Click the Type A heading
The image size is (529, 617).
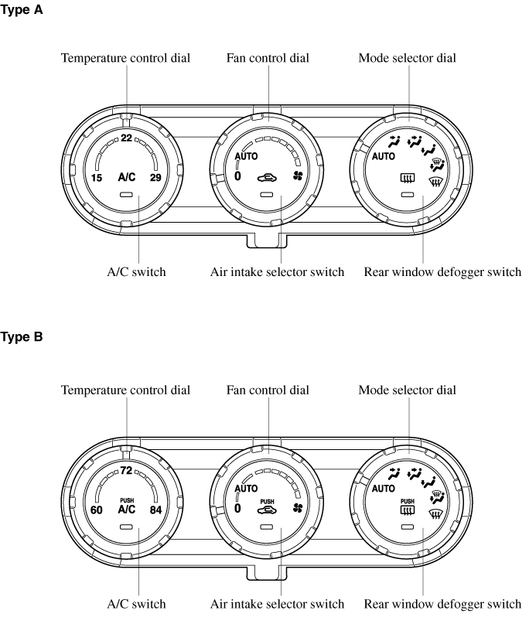21,10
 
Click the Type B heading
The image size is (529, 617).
21,337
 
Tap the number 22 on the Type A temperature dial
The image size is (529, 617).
126,138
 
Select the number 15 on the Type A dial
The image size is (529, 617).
97,178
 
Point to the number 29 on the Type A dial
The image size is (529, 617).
155,178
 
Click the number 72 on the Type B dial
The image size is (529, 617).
126,470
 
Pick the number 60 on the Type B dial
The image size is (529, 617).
97,510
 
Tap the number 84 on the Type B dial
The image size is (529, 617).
155,510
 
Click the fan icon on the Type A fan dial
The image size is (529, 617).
298,176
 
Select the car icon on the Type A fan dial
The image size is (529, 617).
267,179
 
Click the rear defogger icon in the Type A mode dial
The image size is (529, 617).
408,179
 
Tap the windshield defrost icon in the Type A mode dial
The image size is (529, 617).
435,182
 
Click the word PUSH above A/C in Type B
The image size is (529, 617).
127,500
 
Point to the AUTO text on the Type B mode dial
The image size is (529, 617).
384,489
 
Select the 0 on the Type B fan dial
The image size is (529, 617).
237,509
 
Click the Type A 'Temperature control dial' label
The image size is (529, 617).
125,58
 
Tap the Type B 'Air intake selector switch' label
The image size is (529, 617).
277,604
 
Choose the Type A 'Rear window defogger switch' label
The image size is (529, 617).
442,272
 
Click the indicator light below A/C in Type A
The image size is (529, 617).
126,194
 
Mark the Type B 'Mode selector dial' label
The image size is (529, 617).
407,390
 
